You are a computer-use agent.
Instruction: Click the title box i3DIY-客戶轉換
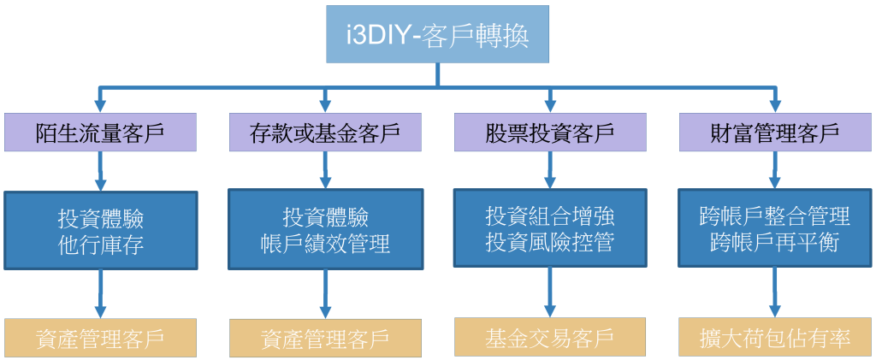click(437, 33)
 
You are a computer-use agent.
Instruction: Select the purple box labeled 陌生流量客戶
click(101, 133)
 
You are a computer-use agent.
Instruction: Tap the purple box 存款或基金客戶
click(325, 133)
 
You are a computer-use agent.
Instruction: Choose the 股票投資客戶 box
click(550, 133)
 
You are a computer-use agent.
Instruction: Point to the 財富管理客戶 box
click(775, 133)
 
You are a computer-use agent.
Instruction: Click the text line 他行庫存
click(101, 245)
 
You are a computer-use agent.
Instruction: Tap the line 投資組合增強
click(550, 215)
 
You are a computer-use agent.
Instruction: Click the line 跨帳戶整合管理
click(775, 215)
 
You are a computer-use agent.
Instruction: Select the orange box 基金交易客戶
click(550, 337)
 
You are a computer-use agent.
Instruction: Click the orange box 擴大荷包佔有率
click(775, 337)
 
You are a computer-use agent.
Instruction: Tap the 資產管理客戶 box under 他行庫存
click(101, 338)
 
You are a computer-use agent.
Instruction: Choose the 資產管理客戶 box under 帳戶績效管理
click(325, 338)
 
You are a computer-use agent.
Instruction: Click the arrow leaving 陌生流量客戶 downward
click(101, 171)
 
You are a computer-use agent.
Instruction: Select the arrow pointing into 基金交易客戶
click(550, 292)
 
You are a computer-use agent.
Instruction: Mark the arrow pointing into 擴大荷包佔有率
click(775, 292)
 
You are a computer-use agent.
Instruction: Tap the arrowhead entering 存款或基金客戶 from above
click(325, 106)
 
